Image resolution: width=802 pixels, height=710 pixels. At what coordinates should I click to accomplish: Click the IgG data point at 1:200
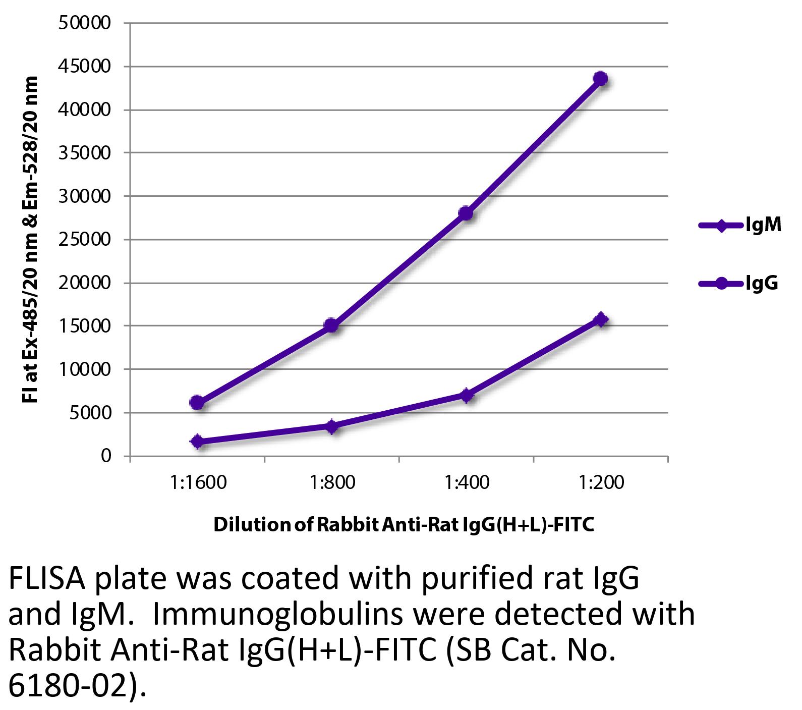(600, 79)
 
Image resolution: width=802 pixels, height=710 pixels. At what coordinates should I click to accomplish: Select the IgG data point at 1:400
(466, 213)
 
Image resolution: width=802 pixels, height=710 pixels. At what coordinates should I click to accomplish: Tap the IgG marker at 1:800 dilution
(331, 325)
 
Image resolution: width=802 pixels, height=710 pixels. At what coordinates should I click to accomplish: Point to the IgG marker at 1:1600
(197, 402)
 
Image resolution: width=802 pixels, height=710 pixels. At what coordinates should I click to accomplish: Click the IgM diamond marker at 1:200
(600, 319)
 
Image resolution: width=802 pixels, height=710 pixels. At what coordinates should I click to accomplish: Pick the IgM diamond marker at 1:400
(466, 395)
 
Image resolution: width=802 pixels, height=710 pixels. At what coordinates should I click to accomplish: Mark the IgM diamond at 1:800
(331, 426)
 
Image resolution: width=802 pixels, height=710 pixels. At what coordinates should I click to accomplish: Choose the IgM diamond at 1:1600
(197, 442)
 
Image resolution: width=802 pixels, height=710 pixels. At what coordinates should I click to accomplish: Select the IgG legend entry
(739, 283)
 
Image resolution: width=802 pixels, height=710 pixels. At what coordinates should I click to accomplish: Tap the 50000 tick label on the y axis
(84, 23)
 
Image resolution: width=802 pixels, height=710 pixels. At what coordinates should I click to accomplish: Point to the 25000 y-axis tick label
(84, 240)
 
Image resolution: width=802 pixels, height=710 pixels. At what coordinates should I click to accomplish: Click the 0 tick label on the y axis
(105, 456)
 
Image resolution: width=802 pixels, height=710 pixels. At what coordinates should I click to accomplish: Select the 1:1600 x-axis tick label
(198, 483)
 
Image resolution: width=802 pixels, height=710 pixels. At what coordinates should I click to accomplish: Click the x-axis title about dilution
(404, 525)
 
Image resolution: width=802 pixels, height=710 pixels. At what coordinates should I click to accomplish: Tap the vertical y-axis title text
(31, 240)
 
